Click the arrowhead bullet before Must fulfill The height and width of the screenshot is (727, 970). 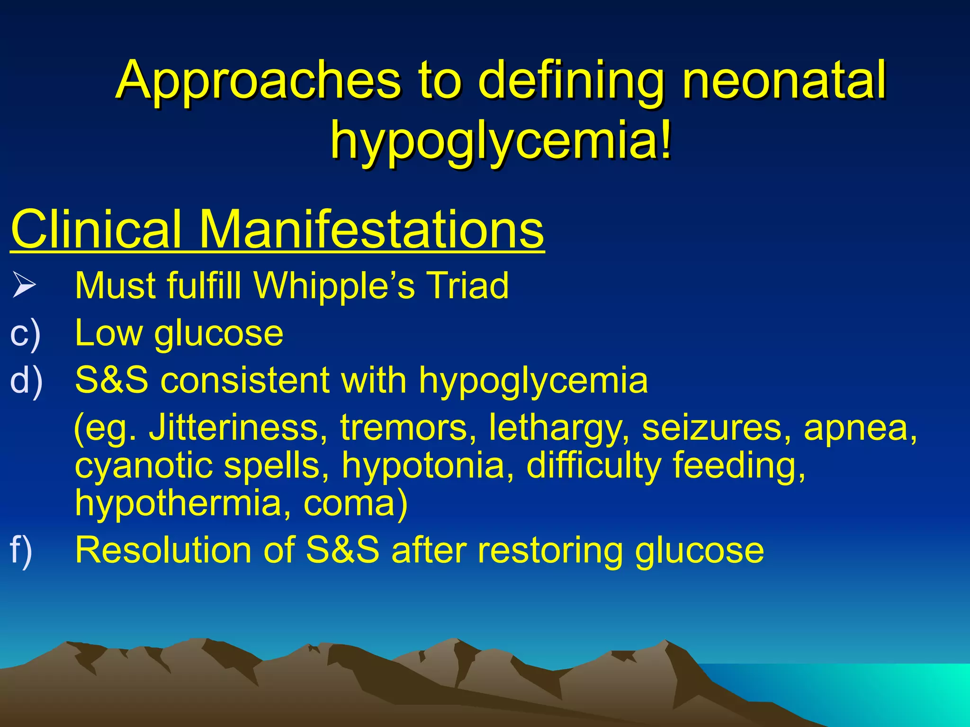point(24,285)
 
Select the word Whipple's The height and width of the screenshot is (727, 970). point(334,286)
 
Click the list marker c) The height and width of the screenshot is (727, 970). point(25,334)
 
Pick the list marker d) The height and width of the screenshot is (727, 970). point(26,381)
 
